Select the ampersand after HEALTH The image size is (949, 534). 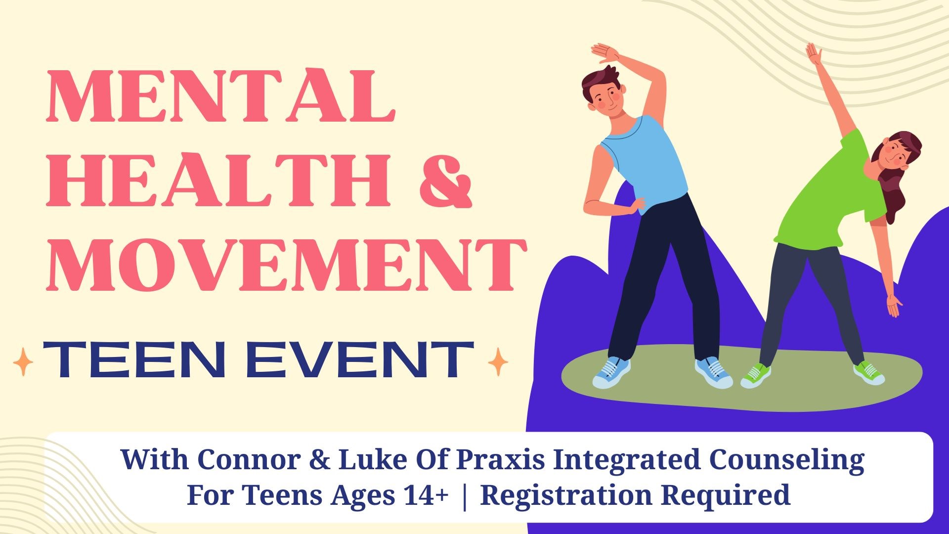coord(445,180)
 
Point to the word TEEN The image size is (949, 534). coord(134,360)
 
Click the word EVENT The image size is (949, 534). coord(360,360)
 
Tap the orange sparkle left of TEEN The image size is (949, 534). coord(23,361)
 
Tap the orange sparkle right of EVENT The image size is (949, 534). coord(498,361)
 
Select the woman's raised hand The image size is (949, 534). coord(814,53)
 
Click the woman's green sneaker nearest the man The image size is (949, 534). coord(755,376)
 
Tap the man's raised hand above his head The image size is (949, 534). coord(605,52)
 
